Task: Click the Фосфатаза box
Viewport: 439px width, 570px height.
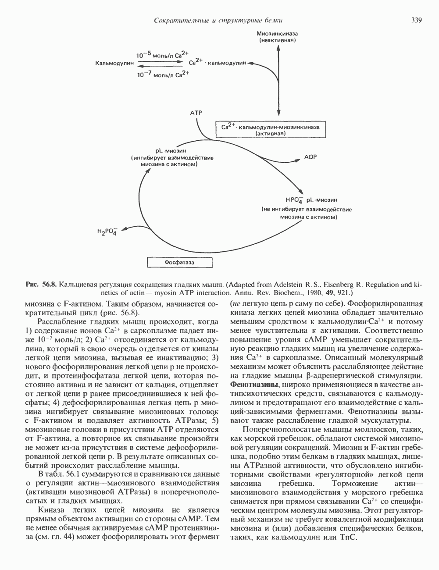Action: click(x=179, y=262)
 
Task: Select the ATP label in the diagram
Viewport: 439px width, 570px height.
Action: click(x=196, y=113)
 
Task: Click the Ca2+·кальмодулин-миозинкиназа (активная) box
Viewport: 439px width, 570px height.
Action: click(x=271, y=130)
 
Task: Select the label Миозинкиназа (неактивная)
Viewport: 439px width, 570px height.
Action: click(x=278, y=37)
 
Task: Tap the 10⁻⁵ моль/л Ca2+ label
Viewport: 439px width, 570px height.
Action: click(x=162, y=55)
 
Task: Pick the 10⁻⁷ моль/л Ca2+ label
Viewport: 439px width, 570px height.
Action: click(x=162, y=75)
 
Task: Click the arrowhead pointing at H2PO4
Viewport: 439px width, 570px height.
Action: click(x=122, y=228)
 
